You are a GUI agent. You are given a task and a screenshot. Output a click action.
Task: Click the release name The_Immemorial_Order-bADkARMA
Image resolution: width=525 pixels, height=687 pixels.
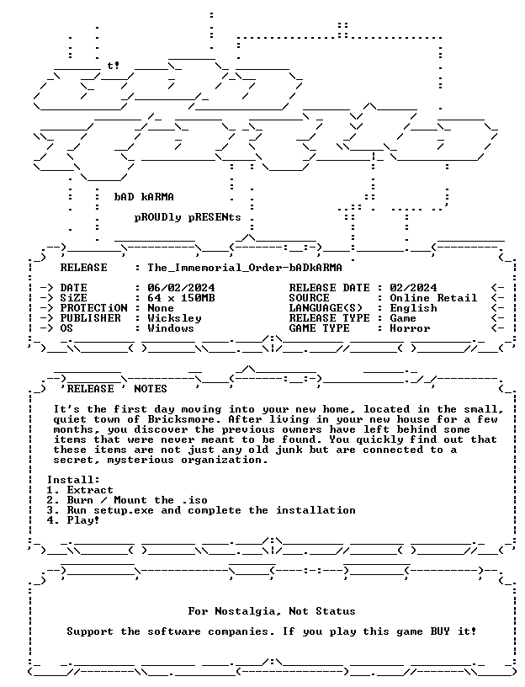(245, 268)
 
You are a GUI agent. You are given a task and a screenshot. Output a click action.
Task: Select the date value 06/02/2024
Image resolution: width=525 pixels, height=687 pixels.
(181, 288)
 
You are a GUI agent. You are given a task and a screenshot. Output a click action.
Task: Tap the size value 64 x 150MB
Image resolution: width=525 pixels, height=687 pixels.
(181, 298)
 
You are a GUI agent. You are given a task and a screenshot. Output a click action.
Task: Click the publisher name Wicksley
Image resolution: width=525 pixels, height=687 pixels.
(174, 318)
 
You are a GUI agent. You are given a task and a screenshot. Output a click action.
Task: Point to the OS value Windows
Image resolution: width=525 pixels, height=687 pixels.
(171, 328)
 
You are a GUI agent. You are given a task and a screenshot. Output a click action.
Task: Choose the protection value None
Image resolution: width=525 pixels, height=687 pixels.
(161, 308)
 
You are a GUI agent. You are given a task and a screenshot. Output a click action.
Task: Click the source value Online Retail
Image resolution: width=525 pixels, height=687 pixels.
(433, 298)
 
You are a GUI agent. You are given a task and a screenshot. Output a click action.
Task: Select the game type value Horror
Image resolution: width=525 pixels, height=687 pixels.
(410, 328)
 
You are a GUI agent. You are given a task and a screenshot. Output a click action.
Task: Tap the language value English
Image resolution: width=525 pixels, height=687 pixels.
(413, 308)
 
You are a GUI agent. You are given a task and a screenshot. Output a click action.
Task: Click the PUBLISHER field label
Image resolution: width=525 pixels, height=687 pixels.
(90, 318)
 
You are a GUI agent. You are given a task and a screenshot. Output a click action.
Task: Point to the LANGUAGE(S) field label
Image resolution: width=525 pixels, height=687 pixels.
(326, 308)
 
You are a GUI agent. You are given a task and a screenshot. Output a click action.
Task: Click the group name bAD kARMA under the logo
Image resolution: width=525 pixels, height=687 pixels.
(144, 197)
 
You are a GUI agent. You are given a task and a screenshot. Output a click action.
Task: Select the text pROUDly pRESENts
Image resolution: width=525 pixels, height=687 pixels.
(188, 217)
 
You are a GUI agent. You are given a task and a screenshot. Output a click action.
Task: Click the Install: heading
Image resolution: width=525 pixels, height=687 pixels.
(73, 480)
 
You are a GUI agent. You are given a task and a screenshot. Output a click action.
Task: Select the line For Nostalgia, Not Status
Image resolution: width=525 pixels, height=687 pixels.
(272, 611)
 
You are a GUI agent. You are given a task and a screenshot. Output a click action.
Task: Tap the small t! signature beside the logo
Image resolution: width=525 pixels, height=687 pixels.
(114, 66)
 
